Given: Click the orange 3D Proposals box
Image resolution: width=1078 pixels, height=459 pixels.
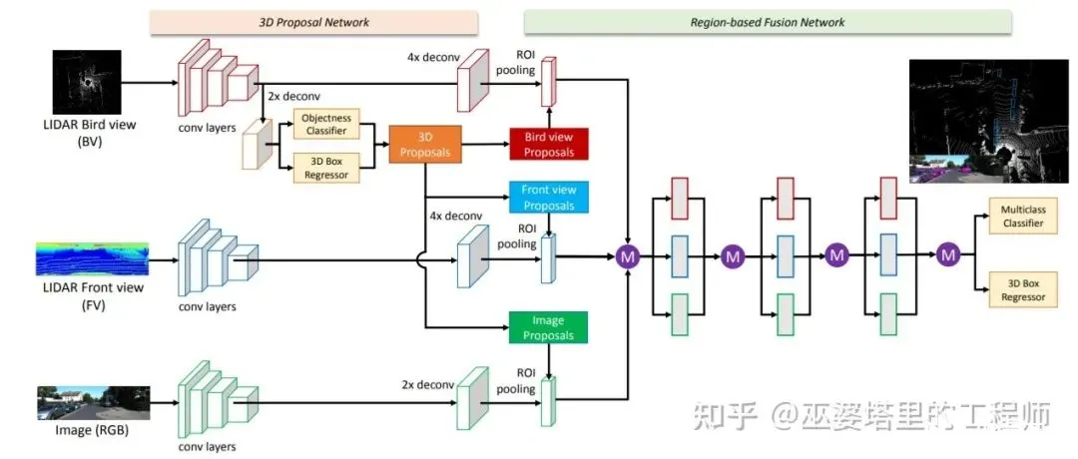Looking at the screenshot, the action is click(424, 145).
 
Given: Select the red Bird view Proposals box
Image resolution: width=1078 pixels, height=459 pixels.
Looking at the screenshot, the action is click(549, 144).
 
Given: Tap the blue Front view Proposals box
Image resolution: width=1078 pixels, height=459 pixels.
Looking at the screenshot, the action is click(549, 198).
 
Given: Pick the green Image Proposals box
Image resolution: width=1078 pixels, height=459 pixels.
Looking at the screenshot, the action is click(549, 327).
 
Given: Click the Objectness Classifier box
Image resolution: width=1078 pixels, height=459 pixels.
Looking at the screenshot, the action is click(326, 123).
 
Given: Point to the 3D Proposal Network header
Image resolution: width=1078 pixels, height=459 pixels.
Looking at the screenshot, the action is click(313, 22).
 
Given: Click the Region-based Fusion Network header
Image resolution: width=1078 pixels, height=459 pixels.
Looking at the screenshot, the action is click(768, 22).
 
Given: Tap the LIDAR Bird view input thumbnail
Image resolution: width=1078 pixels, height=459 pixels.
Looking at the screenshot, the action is click(87, 82).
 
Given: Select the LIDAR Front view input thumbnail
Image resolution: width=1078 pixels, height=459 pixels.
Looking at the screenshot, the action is click(92, 257).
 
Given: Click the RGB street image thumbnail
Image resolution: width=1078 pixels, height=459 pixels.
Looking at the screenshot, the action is click(93, 403).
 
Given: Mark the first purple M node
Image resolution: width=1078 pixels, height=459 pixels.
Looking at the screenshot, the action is click(628, 256).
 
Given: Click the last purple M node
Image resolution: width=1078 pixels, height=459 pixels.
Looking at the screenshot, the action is click(948, 255).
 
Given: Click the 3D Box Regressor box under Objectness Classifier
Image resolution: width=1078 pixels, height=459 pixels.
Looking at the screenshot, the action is click(326, 167).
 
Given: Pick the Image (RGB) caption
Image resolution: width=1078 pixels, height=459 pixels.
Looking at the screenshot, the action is click(92, 431).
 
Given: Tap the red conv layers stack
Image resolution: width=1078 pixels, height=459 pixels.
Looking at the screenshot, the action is click(218, 79).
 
